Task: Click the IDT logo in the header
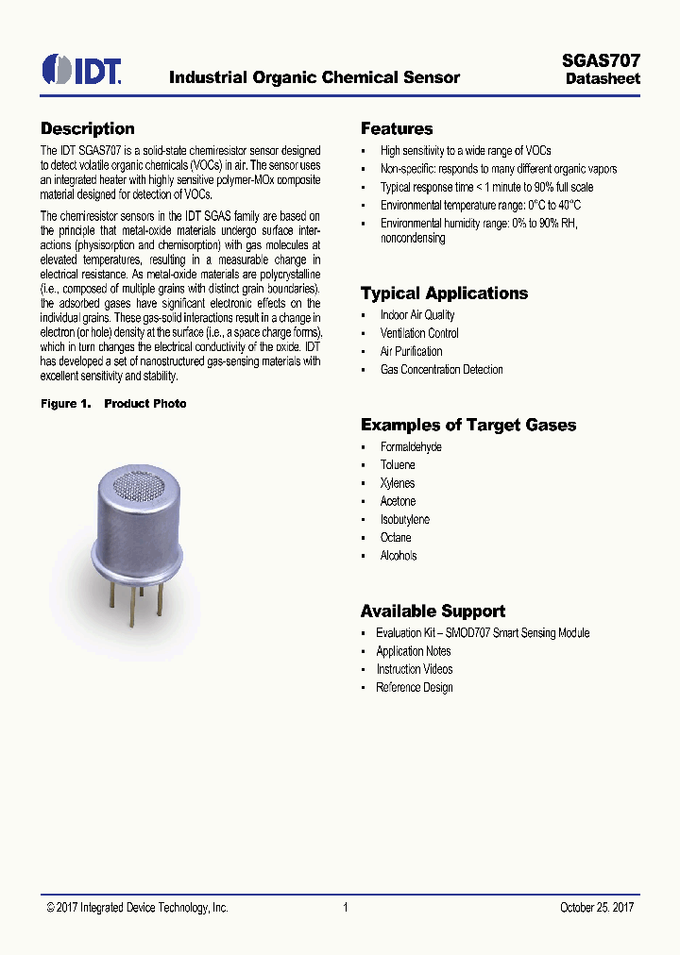tap(80, 70)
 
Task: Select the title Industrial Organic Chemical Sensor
tap(314, 77)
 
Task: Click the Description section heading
tap(87, 129)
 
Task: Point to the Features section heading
tap(397, 129)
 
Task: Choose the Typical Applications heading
tap(444, 293)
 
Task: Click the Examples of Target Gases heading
tap(467, 426)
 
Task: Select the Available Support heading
tap(433, 612)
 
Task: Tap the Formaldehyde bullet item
tap(411, 447)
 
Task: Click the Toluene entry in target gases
tap(398, 465)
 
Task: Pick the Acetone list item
tap(398, 501)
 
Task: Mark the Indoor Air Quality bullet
tap(416, 315)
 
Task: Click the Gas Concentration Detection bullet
tap(441, 370)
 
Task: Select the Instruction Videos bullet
tap(414, 669)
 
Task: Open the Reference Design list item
tap(414, 687)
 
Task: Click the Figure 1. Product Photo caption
tap(113, 404)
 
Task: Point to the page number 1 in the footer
tap(346, 908)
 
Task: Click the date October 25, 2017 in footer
tap(596, 908)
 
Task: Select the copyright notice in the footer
tap(137, 908)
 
